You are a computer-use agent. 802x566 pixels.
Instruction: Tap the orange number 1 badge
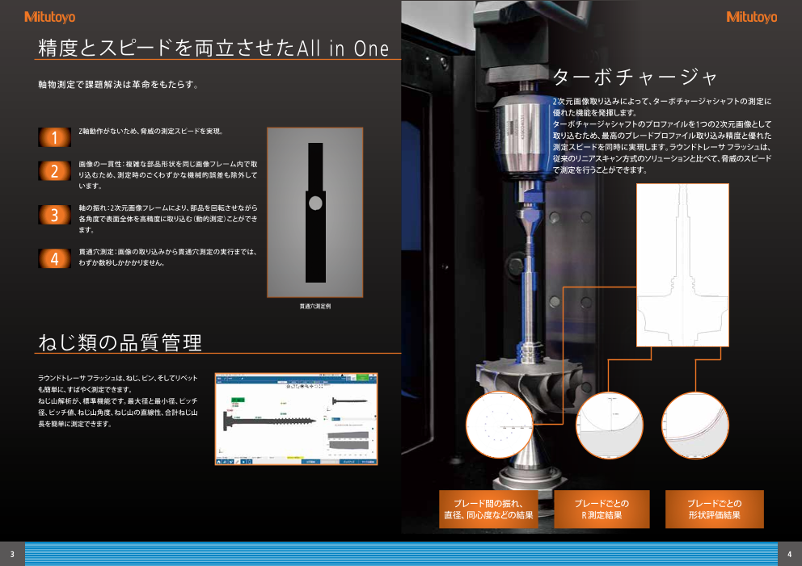pyautogui.click(x=55, y=137)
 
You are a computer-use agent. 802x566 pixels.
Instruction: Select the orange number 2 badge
pyautogui.click(x=55, y=171)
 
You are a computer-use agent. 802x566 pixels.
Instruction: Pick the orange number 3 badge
pyautogui.click(x=55, y=215)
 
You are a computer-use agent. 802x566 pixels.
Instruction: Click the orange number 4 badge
pyautogui.click(x=55, y=258)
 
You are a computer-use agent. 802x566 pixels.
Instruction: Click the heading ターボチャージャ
pyautogui.click(x=635, y=78)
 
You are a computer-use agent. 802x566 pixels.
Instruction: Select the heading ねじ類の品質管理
pyautogui.click(x=120, y=342)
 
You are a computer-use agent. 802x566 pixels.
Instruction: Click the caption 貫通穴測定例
pyautogui.click(x=315, y=307)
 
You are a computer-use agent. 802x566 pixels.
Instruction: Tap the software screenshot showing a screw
pyautogui.click(x=297, y=418)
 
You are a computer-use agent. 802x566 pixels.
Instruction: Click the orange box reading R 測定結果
pyautogui.click(x=601, y=509)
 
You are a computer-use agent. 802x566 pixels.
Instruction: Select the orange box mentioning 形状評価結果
pyautogui.click(x=714, y=509)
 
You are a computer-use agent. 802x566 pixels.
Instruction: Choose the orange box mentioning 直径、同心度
pyautogui.click(x=488, y=509)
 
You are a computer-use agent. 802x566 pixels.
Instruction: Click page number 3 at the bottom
pyautogui.click(x=12, y=554)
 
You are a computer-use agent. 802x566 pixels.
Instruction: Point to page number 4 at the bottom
pyautogui.click(x=789, y=554)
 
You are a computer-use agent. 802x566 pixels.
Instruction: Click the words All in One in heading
pyautogui.click(x=343, y=49)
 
